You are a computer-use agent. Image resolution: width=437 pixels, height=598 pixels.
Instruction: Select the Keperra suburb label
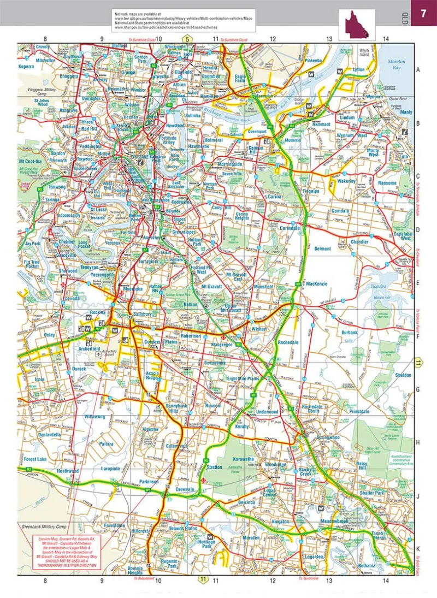(26, 66)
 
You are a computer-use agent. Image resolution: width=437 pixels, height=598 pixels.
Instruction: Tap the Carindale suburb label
(290, 228)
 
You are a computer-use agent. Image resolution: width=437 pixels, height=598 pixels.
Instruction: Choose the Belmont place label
(322, 248)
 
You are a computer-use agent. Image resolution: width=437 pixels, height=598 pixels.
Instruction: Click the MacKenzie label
(316, 284)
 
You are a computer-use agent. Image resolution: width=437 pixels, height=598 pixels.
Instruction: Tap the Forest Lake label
(36, 459)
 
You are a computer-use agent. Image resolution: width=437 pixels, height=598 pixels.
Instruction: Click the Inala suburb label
(39, 378)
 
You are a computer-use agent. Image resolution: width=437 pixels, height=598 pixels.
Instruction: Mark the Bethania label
(367, 565)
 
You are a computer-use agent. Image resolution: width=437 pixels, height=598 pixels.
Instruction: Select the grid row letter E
(418, 283)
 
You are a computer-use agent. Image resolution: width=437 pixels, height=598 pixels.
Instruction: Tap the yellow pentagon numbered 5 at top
(187, 39)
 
